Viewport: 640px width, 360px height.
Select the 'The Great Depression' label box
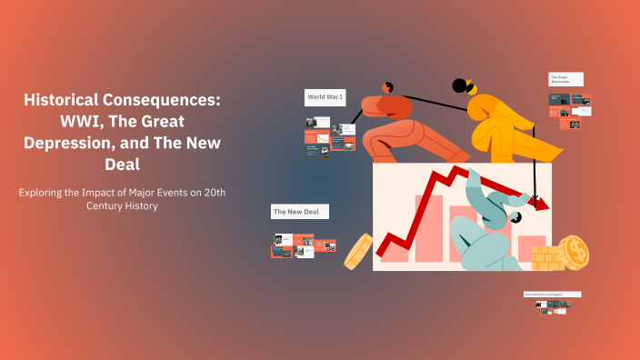(565, 80)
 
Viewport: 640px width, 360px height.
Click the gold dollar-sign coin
(575, 251)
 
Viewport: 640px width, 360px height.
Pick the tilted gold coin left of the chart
(357, 250)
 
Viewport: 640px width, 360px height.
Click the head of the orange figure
(387, 87)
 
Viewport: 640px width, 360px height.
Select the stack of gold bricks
(547, 258)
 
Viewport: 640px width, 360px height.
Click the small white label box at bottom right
(552, 295)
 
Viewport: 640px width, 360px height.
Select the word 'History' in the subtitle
(139, 206)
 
